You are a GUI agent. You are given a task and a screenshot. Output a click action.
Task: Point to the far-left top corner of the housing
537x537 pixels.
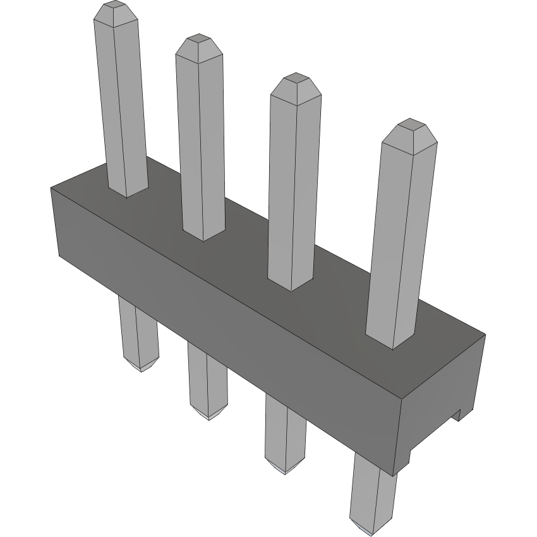[51, 188]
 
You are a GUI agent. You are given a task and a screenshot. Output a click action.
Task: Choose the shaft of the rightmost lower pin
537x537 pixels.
[373, 493]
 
